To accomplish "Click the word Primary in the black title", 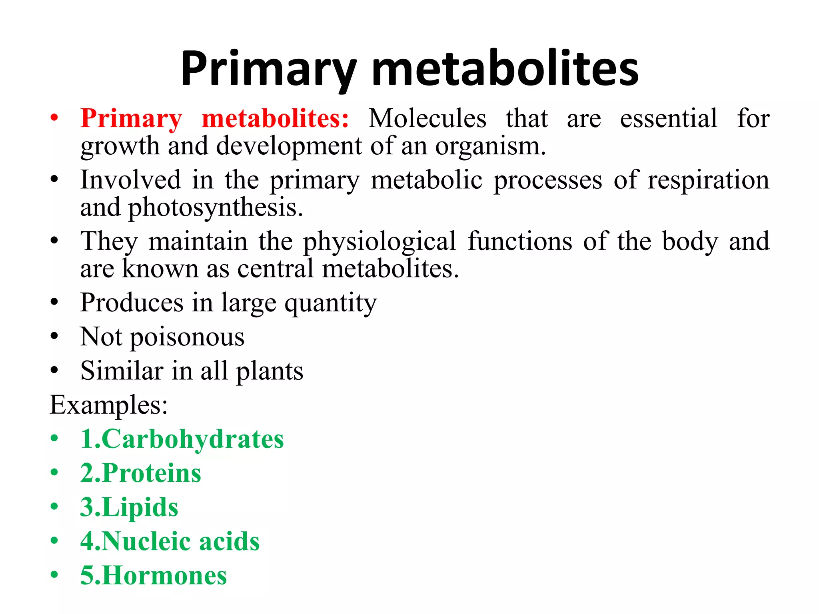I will pyautogui.click(x=268, y=69).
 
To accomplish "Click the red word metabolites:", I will pyautogui.click(x=275, y=119).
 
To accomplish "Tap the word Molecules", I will pyautogui.click(x=427, y=119).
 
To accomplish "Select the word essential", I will pyautogui.click(x=669, y=119).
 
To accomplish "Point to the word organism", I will pyautogui.click(x=490, y=146).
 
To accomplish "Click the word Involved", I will pyautogui.click(x=130, y=180).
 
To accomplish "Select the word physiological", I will pyautogui.click(x=379, y=242).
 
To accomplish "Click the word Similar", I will pyautogui.click(x=122, y=371).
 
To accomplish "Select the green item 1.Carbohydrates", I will pyautogui.click(x=182, y=439).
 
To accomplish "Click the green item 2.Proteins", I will pyautogui.click(x=141, y=473).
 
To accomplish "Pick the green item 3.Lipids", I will pyautogui.click(x=129, y=508).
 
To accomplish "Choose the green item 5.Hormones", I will pyautogui.click(x=154, y=576).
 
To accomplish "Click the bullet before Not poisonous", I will pyautogui.click(x=54, y=337).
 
